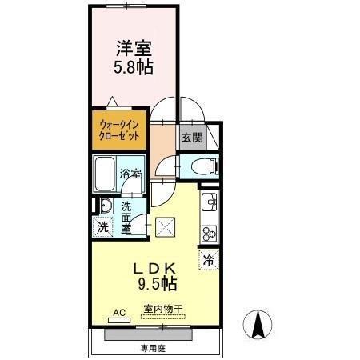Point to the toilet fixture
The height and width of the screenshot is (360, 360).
pyautogui.click(x=201, y=167)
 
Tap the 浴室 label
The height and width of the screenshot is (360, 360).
pyautogui.click(x=130, y=172)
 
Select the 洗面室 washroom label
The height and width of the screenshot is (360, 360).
pyautogui.click(x=126, y=218)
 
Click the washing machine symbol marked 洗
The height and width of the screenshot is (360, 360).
pyautogui.click(x=104, y=226)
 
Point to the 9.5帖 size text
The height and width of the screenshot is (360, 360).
pyautogui.click(x=159, y=284)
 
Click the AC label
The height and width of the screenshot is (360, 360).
pyautogui.click(x=120, y=312)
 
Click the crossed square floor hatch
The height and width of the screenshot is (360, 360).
pyautogui.click(x=166, y=227)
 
